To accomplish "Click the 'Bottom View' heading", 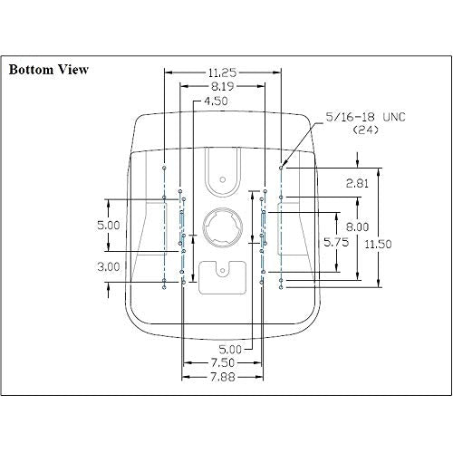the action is (x=49, y=70).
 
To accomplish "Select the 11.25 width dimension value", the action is (x=222, y=72).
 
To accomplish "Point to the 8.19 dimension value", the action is (x=222, y=87).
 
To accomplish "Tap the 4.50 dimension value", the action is (x=216, y=101).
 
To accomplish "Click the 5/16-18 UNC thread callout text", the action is (x=365, y=117).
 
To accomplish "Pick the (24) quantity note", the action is (x=365, y=130).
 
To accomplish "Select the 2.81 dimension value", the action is (x=357, y=183).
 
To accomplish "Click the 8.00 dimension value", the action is (x=357, y=226).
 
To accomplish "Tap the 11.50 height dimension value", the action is (x=378, y=244).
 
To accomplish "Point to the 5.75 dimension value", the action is (x=336, y=242).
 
